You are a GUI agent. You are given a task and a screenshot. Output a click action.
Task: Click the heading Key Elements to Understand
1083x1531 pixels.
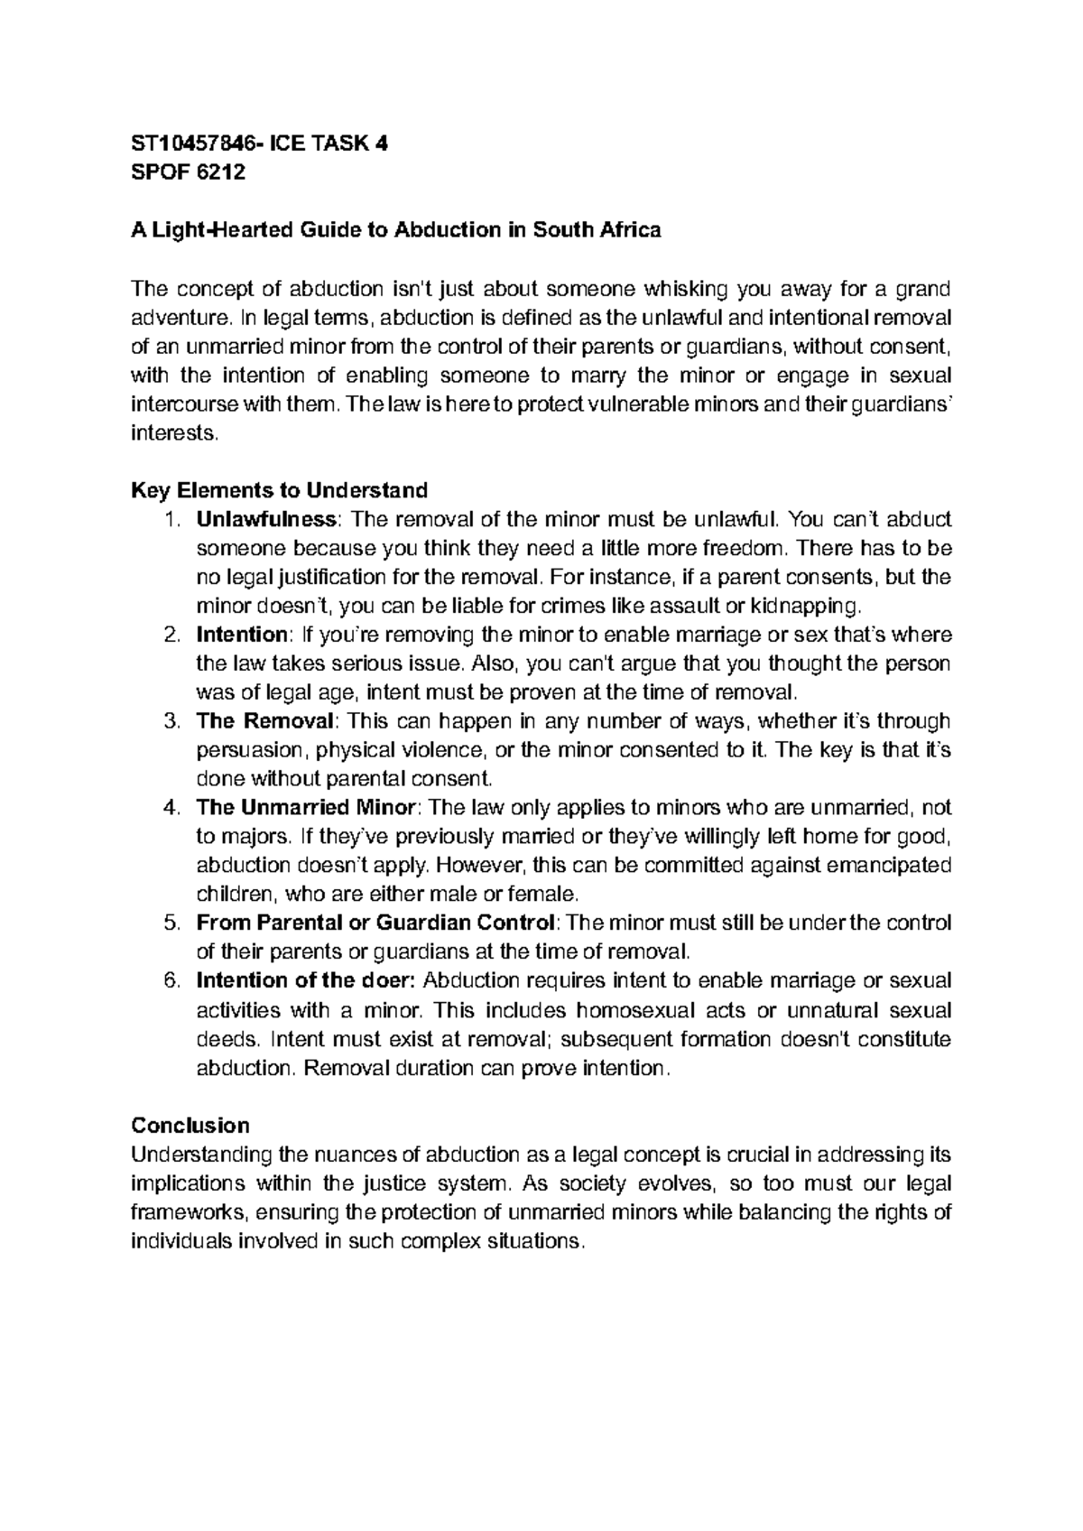[279, 490]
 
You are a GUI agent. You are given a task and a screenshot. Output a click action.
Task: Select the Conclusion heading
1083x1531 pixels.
[190, 1125]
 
